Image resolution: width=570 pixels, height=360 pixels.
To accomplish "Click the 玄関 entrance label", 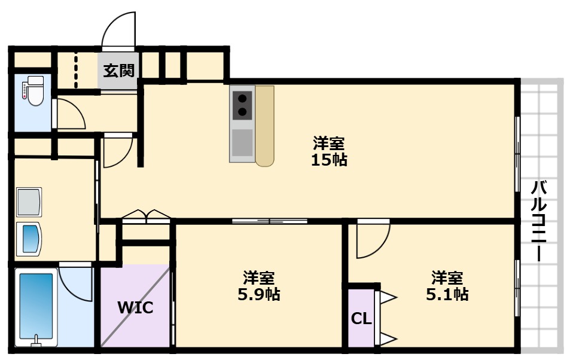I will [x=119, y=71].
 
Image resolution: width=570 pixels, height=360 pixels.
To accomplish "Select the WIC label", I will [x=135, y=308].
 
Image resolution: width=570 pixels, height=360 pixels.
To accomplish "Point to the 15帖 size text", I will [x=329, y=160].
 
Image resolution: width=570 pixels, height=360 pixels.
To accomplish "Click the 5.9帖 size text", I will [x=259, y=294].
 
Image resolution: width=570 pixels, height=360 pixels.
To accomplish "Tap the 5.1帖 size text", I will [x=447, y=294].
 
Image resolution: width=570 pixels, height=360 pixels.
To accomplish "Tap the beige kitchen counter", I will [x=265, y=126].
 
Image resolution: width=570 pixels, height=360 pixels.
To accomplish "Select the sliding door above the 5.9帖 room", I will [x=270, y=221].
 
